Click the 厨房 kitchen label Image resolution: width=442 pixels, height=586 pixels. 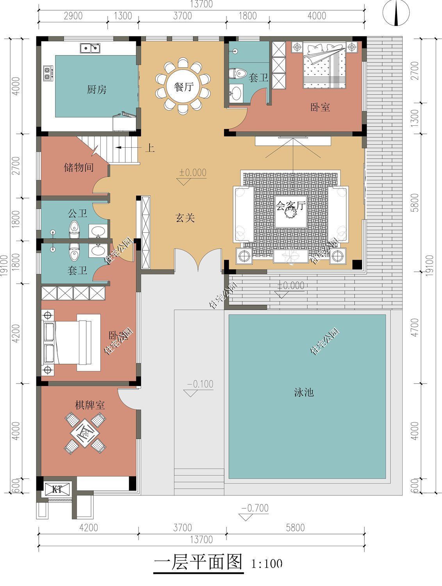96,90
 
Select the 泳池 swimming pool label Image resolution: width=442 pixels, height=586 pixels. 304,392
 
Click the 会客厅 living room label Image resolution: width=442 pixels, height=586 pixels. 291,205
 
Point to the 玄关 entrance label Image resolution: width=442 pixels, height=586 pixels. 184,218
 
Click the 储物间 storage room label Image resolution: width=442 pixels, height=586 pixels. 78,168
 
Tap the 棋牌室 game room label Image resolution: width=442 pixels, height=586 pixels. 90,405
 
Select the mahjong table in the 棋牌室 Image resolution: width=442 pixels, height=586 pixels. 85,433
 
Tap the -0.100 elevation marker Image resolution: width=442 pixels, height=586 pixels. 200,384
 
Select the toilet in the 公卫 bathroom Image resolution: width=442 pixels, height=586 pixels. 73,229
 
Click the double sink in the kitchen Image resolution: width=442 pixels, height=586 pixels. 90,48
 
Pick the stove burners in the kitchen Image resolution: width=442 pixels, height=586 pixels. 48,73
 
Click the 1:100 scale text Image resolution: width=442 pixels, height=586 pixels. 267,564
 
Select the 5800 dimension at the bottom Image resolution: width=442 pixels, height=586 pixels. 295,528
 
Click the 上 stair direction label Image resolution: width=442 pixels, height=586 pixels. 150,148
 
